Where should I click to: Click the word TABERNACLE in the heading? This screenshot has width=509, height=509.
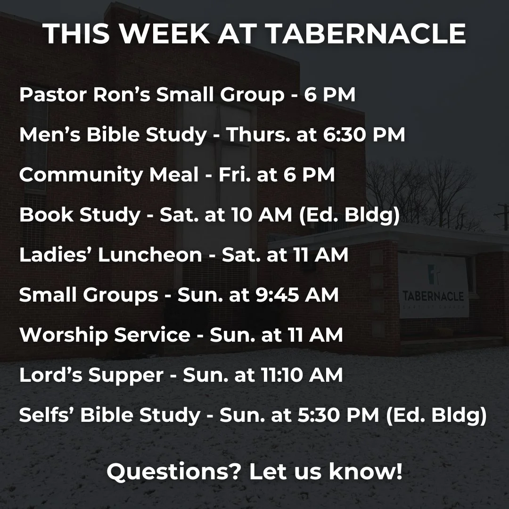coord(366,34)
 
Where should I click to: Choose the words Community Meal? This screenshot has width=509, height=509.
coord(109,175)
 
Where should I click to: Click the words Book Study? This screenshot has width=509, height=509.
coord(80,215)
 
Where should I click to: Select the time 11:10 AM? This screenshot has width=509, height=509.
coord(302,376)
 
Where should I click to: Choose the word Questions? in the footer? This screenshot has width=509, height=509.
coord(174,472)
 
